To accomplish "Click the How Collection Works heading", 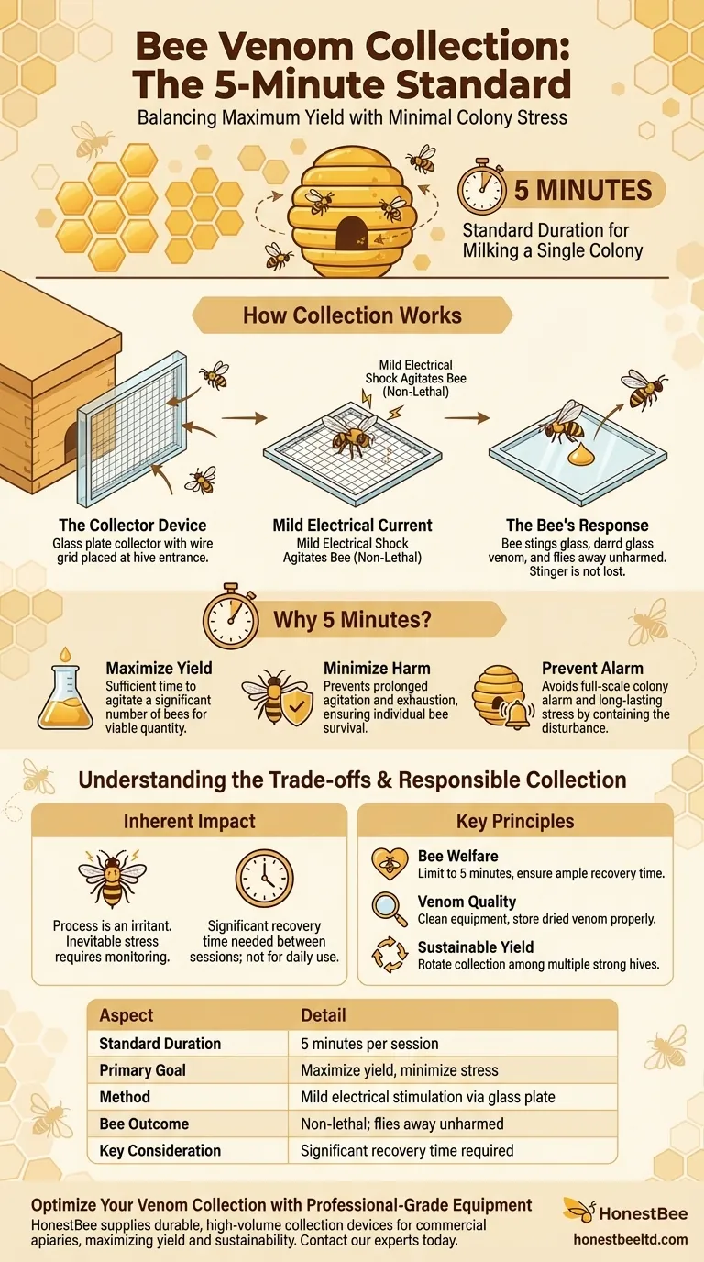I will click(x=352, y=316).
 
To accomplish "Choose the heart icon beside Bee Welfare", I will click(x=389, y=863).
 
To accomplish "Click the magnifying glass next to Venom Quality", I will click(x=389, y=908).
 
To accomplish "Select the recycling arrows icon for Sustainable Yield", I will click(x=389, y=954).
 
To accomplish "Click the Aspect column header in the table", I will click(x=126, y=1015).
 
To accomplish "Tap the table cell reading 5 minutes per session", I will click(x=369, y=1044).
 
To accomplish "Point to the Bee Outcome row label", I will click(x=144, y=1124).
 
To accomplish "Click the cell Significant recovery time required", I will click(x=407, y=1150).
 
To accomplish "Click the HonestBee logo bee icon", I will click(x=580, y=1210).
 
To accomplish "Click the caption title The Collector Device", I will click(x=133, y=526).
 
